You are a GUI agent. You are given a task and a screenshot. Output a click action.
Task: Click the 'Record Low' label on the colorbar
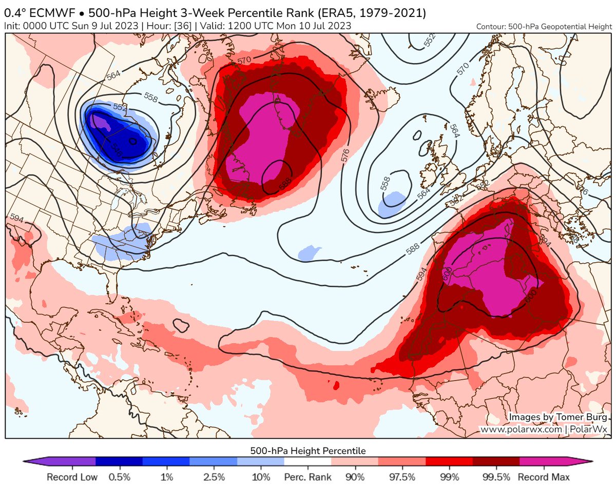pyautogui.click(x=72, y=478)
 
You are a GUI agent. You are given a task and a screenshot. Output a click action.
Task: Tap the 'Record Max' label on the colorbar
pyautogui.click(x=544, y=478)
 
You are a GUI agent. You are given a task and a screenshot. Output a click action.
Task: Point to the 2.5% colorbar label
pyautogui.click(x=214, y=478)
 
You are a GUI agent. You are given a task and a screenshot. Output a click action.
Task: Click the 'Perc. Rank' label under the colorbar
pyautogui.click(x=308, y=478)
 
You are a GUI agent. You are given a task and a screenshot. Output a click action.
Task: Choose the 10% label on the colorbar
pyautogui.click(x=261, y=478)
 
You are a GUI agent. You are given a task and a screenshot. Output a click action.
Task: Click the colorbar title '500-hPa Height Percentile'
pyautogui.click(x=308, y=451)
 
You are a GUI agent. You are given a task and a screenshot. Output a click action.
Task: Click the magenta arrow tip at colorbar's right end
pyautogui.click(x=589, y=464)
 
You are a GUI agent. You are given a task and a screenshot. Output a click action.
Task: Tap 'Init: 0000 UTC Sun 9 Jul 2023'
pyautogui.click(x=70, y=25)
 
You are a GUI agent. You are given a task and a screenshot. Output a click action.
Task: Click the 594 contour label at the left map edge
pyautogui.click(x=16, y=219)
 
